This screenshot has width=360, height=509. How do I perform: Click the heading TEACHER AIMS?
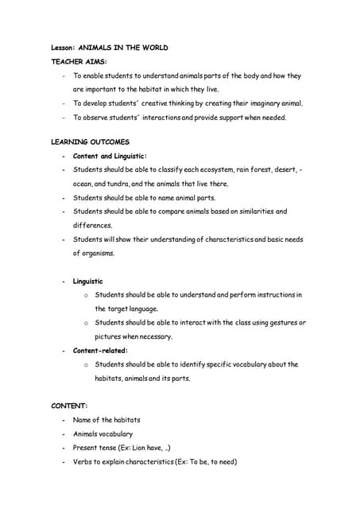(x=79, y=60)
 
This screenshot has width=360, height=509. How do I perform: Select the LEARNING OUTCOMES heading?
(x=90, y=142)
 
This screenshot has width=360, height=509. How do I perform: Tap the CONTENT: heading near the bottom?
(x=69, y=406)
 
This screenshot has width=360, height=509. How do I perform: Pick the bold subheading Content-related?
(x=100, y=350)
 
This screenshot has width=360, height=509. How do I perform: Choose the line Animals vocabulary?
(x=103, y=434)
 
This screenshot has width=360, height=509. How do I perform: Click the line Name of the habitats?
(x=106, y=420)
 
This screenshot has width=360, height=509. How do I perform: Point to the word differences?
(x=93, y=225)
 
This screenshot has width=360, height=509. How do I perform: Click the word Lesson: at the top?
(x=63, y=47)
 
